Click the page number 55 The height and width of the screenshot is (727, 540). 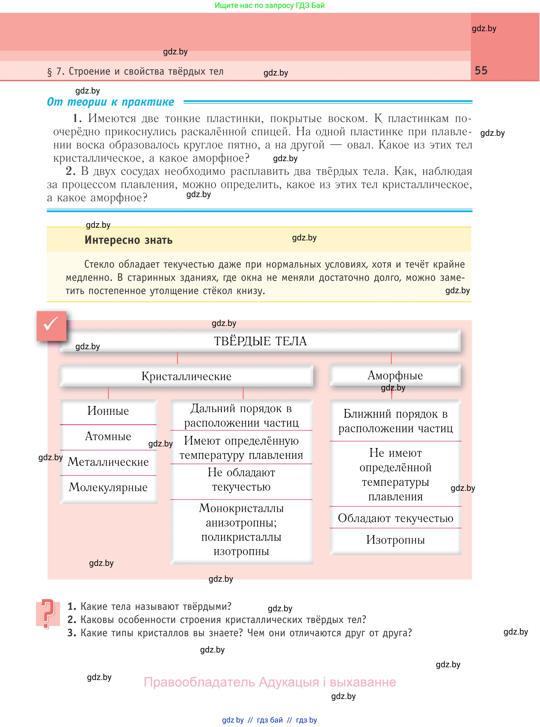(481, 71)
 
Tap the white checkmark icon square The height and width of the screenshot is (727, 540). (51, 325)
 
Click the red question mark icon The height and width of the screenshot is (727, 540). (48, 614)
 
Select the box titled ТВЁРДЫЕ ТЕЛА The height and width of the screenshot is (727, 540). (260, 341)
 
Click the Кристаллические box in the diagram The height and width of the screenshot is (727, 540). (186, 376)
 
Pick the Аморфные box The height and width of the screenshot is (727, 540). (395, 375)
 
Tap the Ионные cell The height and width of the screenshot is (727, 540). (108, 411)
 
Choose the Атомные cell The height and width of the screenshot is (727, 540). (108, 436)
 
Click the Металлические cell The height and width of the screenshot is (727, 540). (108, 462)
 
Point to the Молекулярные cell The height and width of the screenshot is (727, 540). (108, 487)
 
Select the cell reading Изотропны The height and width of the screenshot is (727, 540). (395, 540)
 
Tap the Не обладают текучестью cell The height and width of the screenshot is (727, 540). (241, 480)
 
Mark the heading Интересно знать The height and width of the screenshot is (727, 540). (128, 240)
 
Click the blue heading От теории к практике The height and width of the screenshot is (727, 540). (110, 102)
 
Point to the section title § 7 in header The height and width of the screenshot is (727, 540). (135, 72)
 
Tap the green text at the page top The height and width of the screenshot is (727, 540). (269, 5)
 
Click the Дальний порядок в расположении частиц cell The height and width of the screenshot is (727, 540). (241, 416)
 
